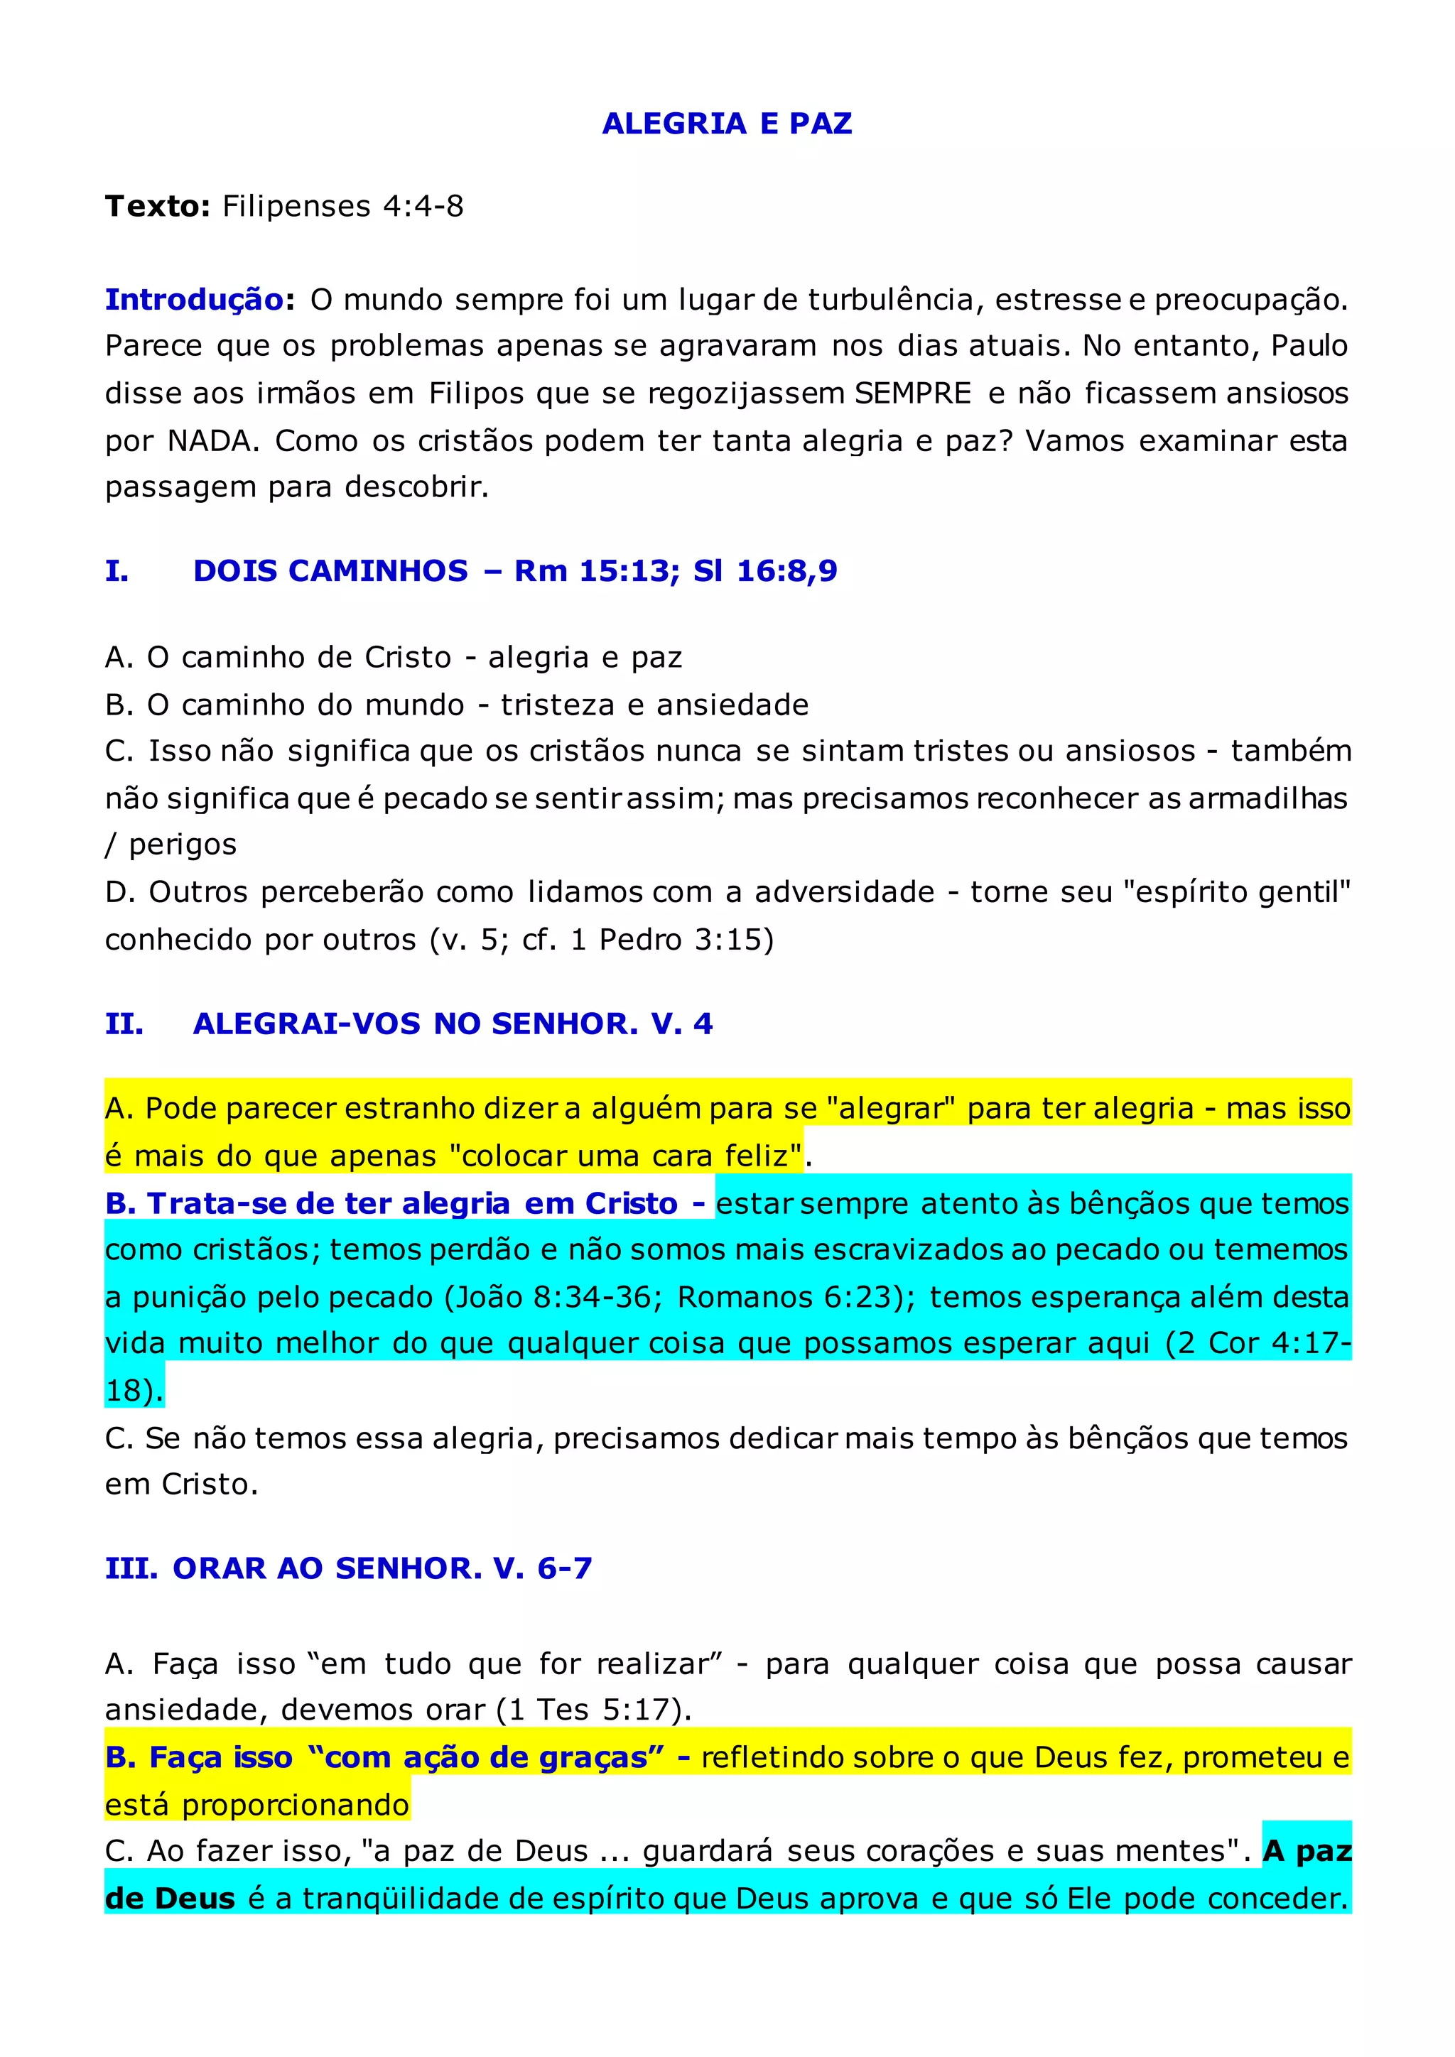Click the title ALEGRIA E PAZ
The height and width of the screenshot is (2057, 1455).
(727, 124)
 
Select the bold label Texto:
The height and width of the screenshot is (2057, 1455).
(158, 207)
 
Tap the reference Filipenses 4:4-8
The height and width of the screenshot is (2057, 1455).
(342, 207)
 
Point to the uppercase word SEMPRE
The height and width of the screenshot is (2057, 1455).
(913, 394)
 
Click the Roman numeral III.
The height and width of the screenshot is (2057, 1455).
(131, 1569)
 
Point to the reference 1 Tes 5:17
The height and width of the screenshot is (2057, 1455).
(594, 1710)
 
